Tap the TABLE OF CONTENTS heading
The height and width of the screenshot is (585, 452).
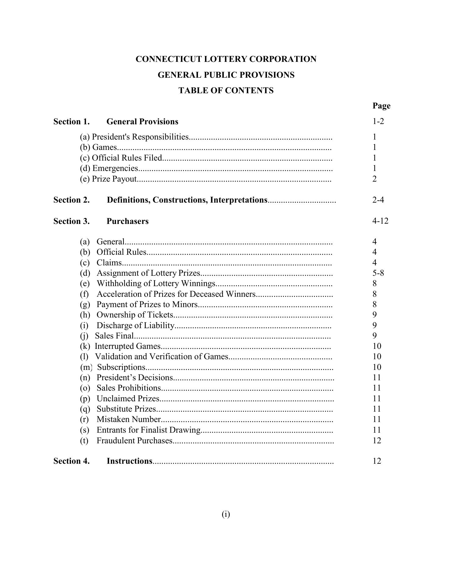click(x=226, y=90)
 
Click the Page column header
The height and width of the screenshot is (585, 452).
click(x=381, y=106)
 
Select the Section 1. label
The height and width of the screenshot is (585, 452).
click(x=72, y=122)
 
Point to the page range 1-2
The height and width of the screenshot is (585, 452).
click(x=378, y=121)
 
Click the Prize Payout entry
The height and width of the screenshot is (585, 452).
click(x=114, y=179)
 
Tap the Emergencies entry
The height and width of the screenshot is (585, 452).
click(x=115, y=168)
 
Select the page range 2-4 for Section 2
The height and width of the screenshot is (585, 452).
click(x=378, y=200)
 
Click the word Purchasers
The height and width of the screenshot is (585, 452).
click(x=127, y=221)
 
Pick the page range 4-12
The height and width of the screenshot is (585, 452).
click(x=380, y=221)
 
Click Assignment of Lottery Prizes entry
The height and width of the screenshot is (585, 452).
click(x=148, y=273)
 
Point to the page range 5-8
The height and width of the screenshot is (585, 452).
click(x=378, y=273)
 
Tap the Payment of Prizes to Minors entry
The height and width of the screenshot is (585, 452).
click(x=147, y=304)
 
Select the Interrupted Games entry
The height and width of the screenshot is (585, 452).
click(x=127, y=346)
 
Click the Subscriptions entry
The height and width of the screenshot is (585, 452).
click(x=121, y=367)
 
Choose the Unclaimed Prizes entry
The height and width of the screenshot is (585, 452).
click(x=128, y=399)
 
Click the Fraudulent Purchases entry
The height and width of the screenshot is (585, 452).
click(x=134, y=441)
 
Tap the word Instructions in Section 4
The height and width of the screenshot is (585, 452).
click(x=129, y=461)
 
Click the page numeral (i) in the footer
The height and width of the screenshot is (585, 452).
click(x=226, y=514)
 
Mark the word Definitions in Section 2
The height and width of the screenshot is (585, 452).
click(x=128, y=200)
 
